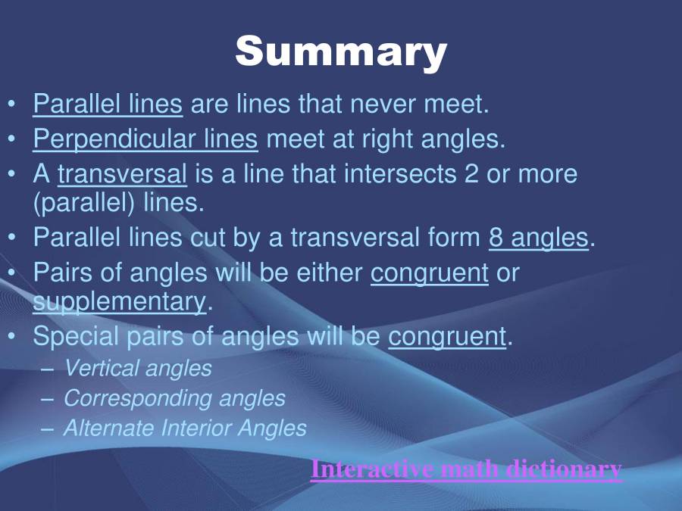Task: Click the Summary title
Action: click(341, 51)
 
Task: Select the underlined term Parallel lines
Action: click(108, 104)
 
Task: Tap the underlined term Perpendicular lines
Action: click(145, 139)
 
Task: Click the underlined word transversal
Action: click(122, 174)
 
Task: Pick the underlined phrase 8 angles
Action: click(539, 238)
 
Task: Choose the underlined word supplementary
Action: click(119, 301)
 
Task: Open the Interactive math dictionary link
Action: click(466, 469)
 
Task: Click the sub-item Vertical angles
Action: click(138, 369)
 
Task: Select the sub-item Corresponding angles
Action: click(174, 398)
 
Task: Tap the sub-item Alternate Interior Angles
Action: click(185, 428)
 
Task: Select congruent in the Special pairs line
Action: click(447, 336)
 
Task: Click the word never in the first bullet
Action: click(385, 104)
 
